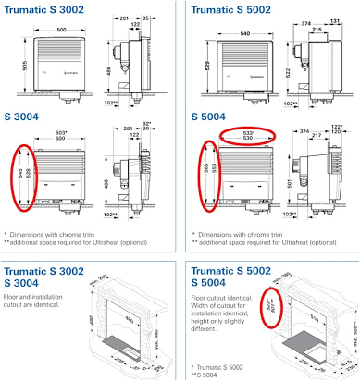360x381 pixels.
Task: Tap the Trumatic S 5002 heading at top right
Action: coord(233,9)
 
